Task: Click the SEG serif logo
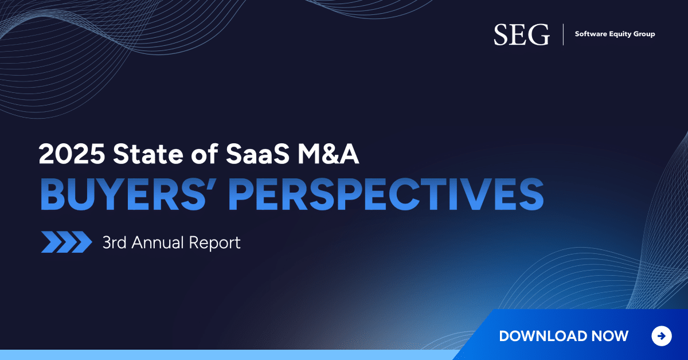(x=522, y=35)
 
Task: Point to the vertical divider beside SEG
(x=563, y=34)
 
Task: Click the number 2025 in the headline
(x=72, y=154)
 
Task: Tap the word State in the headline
(x=148, y=154)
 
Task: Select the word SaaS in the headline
(x=257, y=154)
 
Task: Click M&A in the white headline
(x=328, y=154)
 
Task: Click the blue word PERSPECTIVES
(x=386, y=195)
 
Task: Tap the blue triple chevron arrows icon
(x=67, y=242)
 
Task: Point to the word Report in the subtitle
(x=214, y=243)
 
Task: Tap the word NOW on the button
(x=609, y=336)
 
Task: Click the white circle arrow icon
(x=662, y=336)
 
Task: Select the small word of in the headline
(x=205, y=153)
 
